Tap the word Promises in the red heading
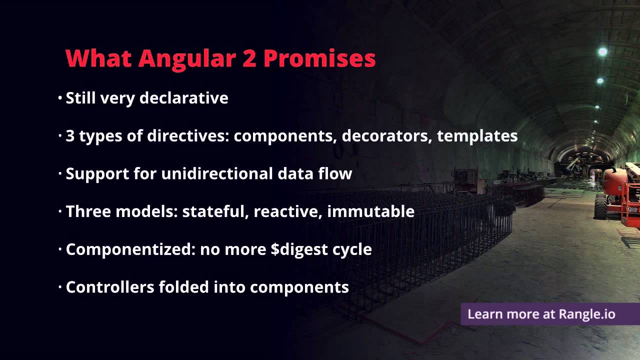click(x=319, y=59)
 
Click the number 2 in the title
click(x=248, y=59)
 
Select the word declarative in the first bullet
click(x=183, y=98)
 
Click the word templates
click(x=477, y=136)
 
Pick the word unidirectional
click(x=216, y=173)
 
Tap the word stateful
click(x=215, y=211)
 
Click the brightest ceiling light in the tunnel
click(x=603, y=51)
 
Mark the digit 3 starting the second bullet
click(x=70, y=136)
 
